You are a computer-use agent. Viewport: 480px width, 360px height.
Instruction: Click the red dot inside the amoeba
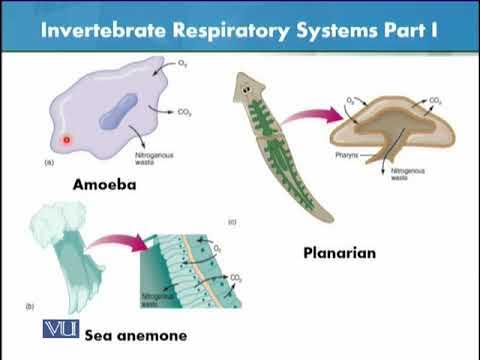pos(67,139)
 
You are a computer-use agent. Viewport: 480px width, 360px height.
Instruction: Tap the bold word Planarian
pos(339,253)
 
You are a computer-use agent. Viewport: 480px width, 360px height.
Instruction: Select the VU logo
pos(61,330)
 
